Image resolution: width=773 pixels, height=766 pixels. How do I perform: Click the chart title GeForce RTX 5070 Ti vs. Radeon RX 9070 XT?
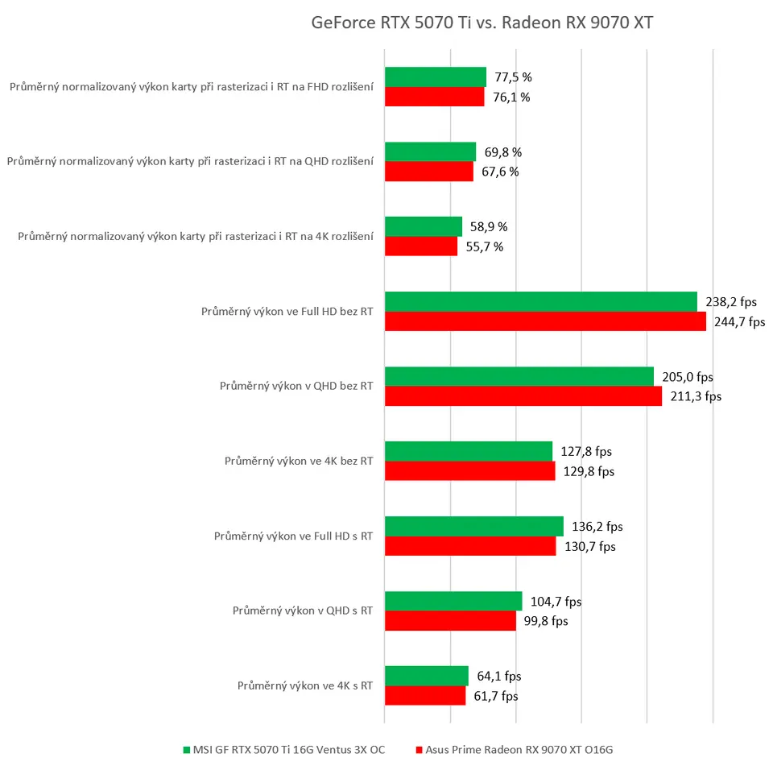(482, 23)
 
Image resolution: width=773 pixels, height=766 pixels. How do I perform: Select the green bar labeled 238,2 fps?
(540, 301)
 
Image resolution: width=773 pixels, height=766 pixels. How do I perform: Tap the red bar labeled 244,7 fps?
(545, 321)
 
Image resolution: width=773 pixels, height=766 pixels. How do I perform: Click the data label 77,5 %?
(513, 77)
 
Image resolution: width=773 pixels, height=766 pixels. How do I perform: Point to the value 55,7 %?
(486, 246)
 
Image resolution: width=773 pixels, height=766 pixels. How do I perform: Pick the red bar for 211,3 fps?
(523, 396)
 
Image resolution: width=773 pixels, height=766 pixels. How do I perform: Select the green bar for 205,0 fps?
(519, 376)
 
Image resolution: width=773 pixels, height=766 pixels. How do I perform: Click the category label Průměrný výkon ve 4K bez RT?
(298, 461)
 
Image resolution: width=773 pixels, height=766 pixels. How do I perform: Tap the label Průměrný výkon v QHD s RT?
(302, 611)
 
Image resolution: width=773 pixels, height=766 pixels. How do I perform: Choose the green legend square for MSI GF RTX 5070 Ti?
(187, 750)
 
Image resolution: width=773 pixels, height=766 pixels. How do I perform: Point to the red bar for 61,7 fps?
(425, 696)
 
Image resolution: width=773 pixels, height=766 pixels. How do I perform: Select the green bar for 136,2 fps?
(474, 526)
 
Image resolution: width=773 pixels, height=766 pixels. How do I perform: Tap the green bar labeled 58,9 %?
(424, 226)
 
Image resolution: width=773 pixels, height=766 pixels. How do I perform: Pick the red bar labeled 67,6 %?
(429, 172)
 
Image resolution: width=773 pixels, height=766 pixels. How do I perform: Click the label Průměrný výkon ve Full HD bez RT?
(287, 311)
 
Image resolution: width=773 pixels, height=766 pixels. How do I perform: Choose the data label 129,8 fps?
(589, 471)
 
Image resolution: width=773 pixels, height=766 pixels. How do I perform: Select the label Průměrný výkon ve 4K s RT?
(304, 685)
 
